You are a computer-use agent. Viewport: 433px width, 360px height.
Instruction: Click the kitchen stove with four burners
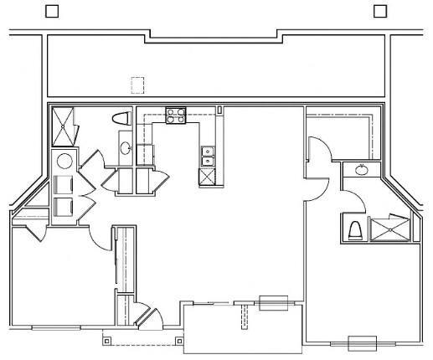pos(175,116)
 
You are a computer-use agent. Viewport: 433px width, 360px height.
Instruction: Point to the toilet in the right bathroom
pos(353,228)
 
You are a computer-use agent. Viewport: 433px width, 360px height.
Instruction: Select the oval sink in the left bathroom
pos(126,148)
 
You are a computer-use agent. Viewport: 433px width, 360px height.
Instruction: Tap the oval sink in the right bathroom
pos(360,171)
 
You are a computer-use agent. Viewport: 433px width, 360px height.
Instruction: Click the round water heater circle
pos(64,162)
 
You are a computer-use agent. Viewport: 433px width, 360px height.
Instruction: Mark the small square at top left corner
pos(52,10)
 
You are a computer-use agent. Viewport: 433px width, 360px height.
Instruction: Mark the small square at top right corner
pos(379,10)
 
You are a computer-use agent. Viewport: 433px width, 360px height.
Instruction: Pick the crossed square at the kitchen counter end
pos(206,177)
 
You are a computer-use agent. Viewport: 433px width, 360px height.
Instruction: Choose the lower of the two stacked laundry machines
pos(64,207)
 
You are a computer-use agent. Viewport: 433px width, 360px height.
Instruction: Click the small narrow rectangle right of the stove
pos(219,110)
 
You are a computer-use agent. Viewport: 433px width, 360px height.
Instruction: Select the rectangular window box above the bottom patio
pos(273,303)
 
